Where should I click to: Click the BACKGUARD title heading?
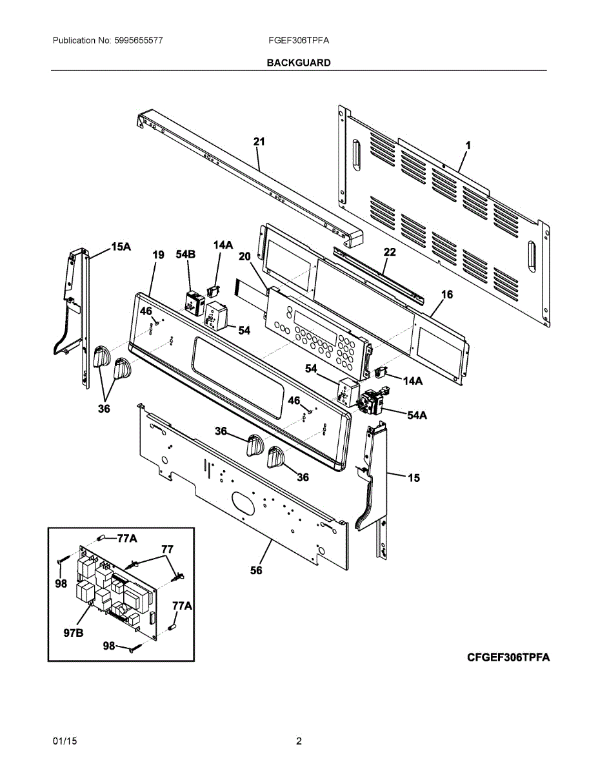click(x=299, y=63)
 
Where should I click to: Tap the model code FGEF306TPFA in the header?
click(x=299, y=40)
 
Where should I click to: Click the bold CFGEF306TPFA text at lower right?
click(x=508, y=657)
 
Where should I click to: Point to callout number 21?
click(x=259, y=141)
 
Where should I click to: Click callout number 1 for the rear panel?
click(x=468, y=146)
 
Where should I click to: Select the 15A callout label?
click(x=121, y=247)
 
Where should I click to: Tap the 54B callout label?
click(x=185, y=255)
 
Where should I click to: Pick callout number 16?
click(x=446, y=294)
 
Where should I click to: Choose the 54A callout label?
click(x=417, y=415)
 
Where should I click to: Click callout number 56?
click(x=256, y=570)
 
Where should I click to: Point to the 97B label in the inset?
click(x=73, y=633)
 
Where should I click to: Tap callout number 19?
click(x=158, y=255)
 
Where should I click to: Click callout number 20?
click(x=244, y=256)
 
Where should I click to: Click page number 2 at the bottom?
click(x=299, y=741)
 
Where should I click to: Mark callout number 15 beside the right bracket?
click(x=414, y=478)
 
